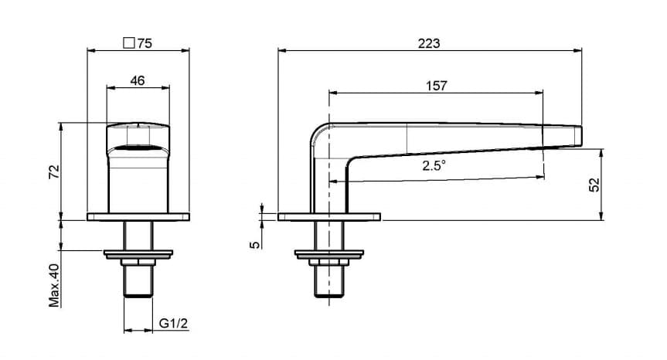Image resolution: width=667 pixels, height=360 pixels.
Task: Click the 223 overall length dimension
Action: click(x=428, y=43)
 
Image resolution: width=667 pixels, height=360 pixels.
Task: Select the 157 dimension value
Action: click(x=437, y=86)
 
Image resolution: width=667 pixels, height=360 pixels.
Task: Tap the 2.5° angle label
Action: click(x=434, y=165)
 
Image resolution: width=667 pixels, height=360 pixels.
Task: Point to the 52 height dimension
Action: click(x=594, y=185)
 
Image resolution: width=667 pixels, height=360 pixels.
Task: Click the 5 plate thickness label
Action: click(x=254, y=244)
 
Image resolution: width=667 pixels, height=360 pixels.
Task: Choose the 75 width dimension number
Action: click(x=145, y=43)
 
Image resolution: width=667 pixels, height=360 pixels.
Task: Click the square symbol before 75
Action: click(x=129, y=43)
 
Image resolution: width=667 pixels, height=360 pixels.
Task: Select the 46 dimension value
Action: click(x=137, y=80)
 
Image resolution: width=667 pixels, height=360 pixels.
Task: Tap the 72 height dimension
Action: click(x=54, y=172)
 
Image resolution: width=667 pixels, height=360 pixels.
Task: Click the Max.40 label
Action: click(x=54, y=285)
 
